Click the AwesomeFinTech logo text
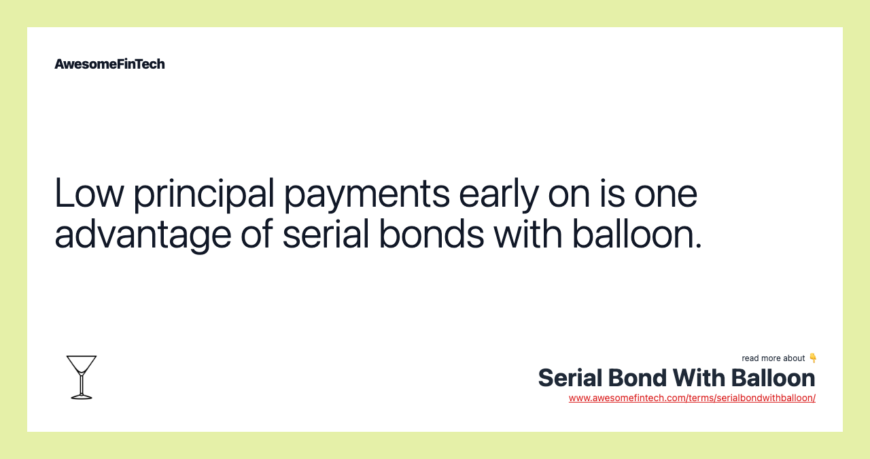pyautogui.click(x=109, y=64)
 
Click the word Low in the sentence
pyautogui.click(x=88, y=192)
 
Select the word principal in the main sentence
pyautogui.click(x=203, y=194)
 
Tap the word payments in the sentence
pyautogui.click(x=366, y=194)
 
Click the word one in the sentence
pyautogui.click(x=665, y=192)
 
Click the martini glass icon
pyautogui.click(x=82, y=377)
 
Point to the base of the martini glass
pyautogui.click(x=82, y=396)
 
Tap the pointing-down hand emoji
pyautogui.click(x=813, y=358)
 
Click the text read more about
pyautogui.click(x=773, y=358)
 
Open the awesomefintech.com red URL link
pyautogui.click(x=692, y=398)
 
